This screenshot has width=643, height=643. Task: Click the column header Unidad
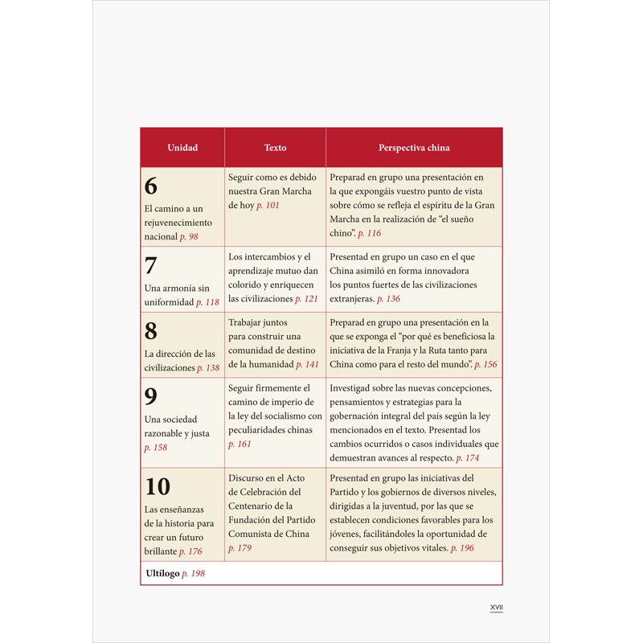pyautogui.click(x=182, y=148)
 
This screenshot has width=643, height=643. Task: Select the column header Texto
pyautogui.click(x=275, y=148)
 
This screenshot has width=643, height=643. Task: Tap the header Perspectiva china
pyautogui.click(x=414, y=148)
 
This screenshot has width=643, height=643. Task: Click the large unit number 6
pyautogui.click(x=151, y=186)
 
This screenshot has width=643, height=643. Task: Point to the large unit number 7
pyautogui.click(x=151, y=265)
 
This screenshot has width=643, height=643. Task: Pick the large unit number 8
pyautogui.click(x=151, y=331)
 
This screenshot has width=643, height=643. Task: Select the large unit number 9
pyautogui.click(x=151, y=396)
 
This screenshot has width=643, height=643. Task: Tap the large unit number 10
pyautogui.click(x=158, y=486)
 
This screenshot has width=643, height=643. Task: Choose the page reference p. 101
pyautogui.click(x=268, y=206)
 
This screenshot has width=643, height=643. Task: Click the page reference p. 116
pyautogui.click(x=370, y=233)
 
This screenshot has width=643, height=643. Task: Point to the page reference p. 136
pyautogui.click(x=388, y=299)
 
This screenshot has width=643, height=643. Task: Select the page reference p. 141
pyautogui.click(x=307, y=365)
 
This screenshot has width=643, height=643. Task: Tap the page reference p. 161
pyautogui.click(x=240, y=444)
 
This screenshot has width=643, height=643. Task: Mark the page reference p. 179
pyautogui.click(x=240, y=548)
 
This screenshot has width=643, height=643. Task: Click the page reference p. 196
pyautogui.click(x=462, y=548)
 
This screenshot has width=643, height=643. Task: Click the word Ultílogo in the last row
pyautogui.click(x=162, y=574)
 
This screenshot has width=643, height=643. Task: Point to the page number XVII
pyautogui.click(x=497, y=608)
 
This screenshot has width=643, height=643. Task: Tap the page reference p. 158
pyautogui.click(x=156, y=448)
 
